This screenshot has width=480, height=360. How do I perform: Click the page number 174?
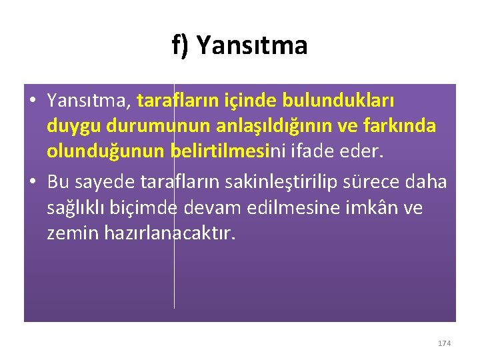point(445,343)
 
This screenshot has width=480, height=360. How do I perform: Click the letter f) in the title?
point(181,46)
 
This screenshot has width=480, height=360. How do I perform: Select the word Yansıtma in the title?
point(252,46)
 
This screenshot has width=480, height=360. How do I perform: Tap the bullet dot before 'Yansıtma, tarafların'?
point(31,101)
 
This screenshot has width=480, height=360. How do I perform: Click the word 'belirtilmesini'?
point(227,153)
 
